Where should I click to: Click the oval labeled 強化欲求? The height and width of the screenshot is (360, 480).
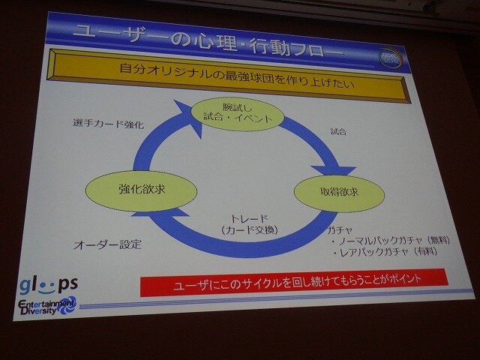click(142, 190)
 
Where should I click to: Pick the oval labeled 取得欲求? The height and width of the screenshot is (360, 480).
click(340, 193)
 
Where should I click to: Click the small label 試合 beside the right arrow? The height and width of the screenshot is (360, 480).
click(338, 133)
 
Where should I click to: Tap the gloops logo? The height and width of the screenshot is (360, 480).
click(48, 286)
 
